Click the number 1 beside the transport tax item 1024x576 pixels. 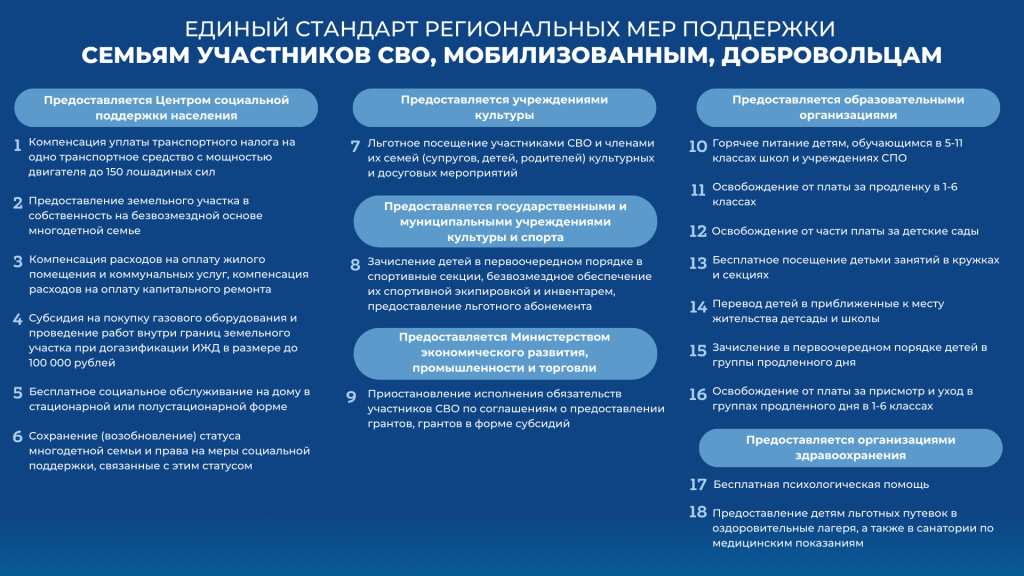(x=17, y=146)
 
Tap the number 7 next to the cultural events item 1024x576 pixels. (x=355, y=146)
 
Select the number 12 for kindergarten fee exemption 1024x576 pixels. (x=698, y=231)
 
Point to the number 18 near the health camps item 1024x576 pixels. (x=698, y=512)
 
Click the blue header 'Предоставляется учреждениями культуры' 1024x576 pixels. (x=504, y=107)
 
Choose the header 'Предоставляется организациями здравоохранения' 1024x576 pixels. (x=850, y=447)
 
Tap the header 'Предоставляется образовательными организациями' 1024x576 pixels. (x=847, y=107)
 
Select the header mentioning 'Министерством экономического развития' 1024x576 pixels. (x=504, y=353)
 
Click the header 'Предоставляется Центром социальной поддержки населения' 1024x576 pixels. (x=166, y=107)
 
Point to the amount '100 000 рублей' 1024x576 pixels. (x=59, y=364)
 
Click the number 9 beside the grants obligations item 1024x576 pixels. (x=352, y=396)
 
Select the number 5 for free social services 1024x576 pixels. (x=17, y=392)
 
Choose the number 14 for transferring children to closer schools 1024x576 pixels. (x=698, y=306)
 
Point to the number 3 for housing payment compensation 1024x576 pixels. (x=17, y=262)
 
